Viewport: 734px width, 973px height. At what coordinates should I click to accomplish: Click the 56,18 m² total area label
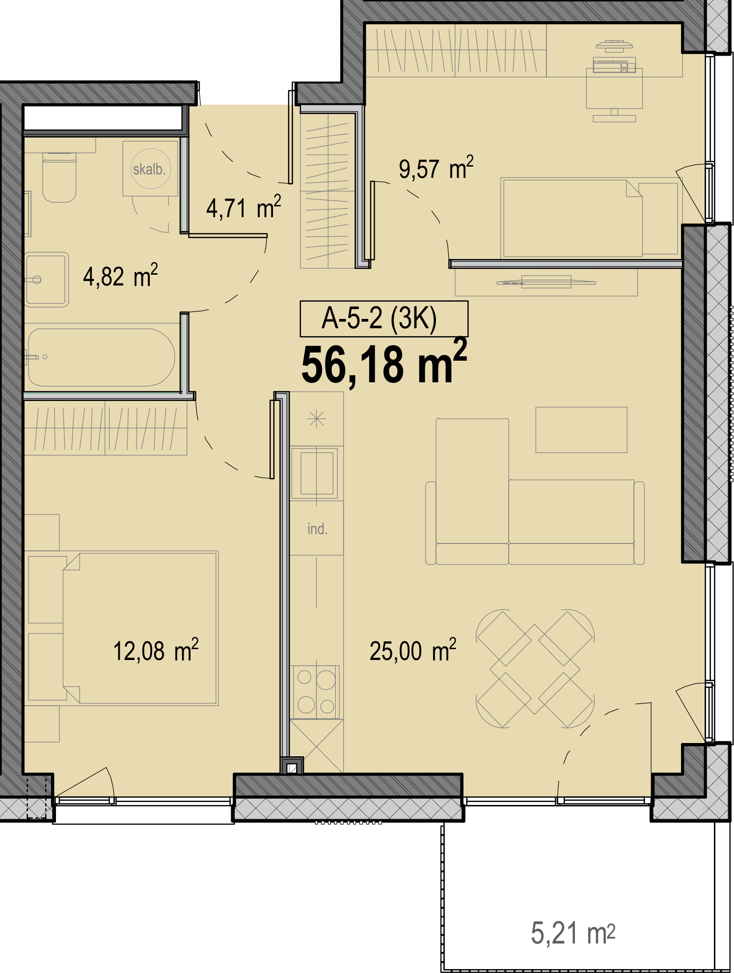click(384, 363)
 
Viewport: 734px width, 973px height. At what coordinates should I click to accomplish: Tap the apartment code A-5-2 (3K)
click(379, 318)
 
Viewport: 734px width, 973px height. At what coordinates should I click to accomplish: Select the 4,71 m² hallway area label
click(244, 207)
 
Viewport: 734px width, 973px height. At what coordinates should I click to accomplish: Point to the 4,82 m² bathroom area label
click(120, 275)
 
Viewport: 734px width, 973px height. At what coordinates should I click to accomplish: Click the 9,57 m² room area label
click(436, 168)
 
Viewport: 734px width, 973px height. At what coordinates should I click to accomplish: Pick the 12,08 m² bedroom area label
click(156, 650)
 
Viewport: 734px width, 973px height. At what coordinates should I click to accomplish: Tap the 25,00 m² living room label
click(413, 650)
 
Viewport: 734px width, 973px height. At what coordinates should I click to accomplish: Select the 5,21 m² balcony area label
click(573, 933)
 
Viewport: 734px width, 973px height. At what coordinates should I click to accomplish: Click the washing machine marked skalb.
click(150, 169)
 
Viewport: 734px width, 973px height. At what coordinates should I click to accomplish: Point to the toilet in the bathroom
click(59, 177)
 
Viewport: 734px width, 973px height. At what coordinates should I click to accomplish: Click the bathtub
click(101, 357)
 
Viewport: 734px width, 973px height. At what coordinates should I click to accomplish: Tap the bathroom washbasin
click(46, 280)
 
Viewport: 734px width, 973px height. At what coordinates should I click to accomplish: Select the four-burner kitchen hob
click(316, 692)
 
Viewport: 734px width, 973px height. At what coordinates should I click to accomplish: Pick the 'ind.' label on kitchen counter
click(317, 529)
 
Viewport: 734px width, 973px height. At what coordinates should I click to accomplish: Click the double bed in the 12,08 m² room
click(140, 628)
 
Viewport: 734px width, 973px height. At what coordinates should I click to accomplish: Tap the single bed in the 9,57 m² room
click(572, 218)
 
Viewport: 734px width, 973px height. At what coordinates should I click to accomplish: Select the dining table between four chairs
click(535, 668)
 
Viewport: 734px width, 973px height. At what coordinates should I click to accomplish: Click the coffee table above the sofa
click(581, 429)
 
